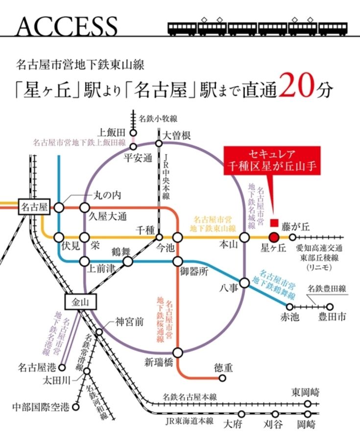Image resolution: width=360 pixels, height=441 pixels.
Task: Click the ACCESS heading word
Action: click(66, 25)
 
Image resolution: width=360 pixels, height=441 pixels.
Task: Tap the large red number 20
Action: click(300, 88)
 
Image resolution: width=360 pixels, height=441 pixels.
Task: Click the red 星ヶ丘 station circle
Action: click(274, 237)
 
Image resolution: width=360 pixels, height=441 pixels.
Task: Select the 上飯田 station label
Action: click(112, 132)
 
